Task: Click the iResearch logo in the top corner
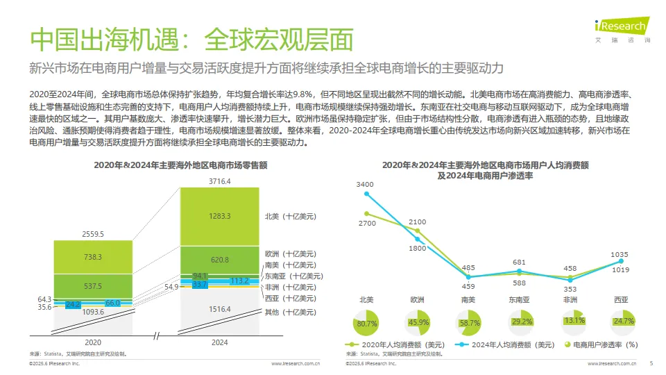tap(622, 28)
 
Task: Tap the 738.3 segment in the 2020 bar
tap(93, 257)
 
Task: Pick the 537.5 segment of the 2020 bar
tap(93, 286)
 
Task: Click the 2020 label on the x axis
tap(93, 342)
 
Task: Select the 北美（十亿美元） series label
tap(291, 216)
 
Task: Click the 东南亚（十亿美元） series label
tap(291, 276)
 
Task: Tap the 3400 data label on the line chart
tap(365, 185)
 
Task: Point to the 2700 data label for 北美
tap(367, 224)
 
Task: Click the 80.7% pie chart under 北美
tap(366, 322)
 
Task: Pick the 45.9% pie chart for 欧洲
tap(418, 322)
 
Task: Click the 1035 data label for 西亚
tap(620, 255)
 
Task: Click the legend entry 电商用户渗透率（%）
tap(600, 344)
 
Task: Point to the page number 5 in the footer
tap(651, 362)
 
